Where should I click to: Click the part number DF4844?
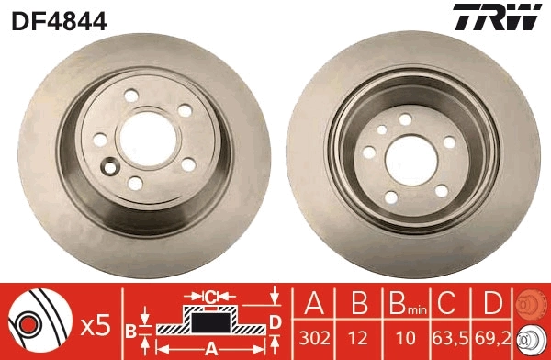(x=56, y=19)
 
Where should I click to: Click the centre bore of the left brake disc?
(x=141, y=138)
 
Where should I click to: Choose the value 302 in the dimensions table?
(x=315, y=337)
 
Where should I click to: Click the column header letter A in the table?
(x=315, y=305)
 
